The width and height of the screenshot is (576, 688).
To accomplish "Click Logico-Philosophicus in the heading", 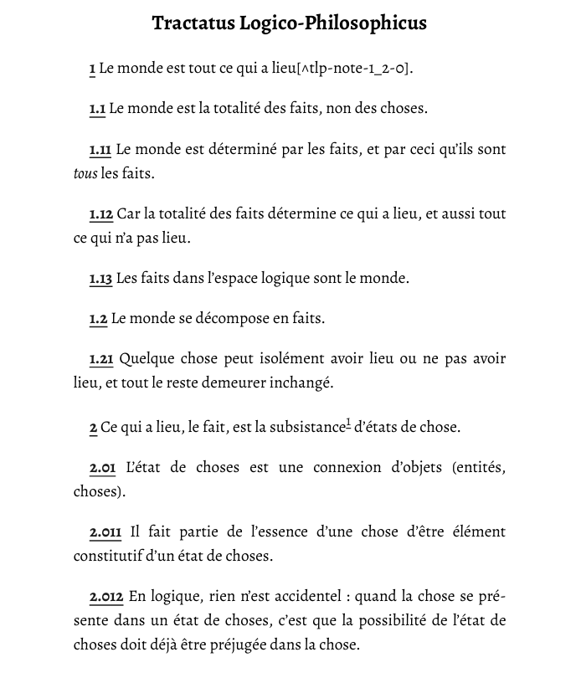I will click(333, 23).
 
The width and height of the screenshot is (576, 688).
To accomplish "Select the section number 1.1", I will click(97, 108).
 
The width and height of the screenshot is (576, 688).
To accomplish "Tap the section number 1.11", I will click(100, 150).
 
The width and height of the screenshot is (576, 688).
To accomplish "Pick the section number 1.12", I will click(100, 214).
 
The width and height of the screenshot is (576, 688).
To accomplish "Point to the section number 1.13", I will click(100, 278).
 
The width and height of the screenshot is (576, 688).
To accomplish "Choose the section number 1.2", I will click(98, 319).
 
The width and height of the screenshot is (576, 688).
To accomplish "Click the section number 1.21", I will click(101, 359).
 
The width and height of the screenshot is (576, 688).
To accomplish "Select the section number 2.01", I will click(102, 467).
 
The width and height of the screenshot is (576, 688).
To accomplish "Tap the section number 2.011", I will click(105, 531).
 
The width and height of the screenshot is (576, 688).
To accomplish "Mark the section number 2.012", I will click(106, 597).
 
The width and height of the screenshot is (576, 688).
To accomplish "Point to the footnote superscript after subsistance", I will click(348, 424).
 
